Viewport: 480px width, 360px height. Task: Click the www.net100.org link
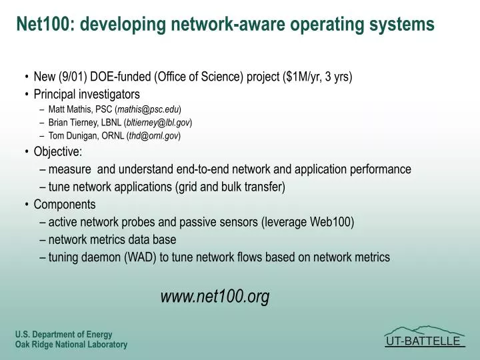pyautogui.click(x=215, y=297)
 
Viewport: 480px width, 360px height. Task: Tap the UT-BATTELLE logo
pyautogui.click(x=425, y=341)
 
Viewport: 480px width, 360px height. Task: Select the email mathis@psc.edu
pyautogui.click(x=148, y=109)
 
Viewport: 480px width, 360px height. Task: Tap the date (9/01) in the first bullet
pyautogui.click(x=71, y=77)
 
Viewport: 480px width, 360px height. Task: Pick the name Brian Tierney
pyautogui.click(x=75, y=123)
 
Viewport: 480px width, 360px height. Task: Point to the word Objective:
pyautogui.click(x=57, y=151)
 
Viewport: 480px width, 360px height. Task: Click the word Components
pyautogui.click(x=64, y=204)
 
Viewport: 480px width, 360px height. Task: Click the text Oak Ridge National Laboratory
pyautogui.click(x=71, y=345)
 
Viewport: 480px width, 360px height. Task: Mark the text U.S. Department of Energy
pyautogui.click(x=63, y=335)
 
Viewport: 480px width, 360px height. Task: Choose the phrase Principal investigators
pyautogui.click(x=87, y=94)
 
